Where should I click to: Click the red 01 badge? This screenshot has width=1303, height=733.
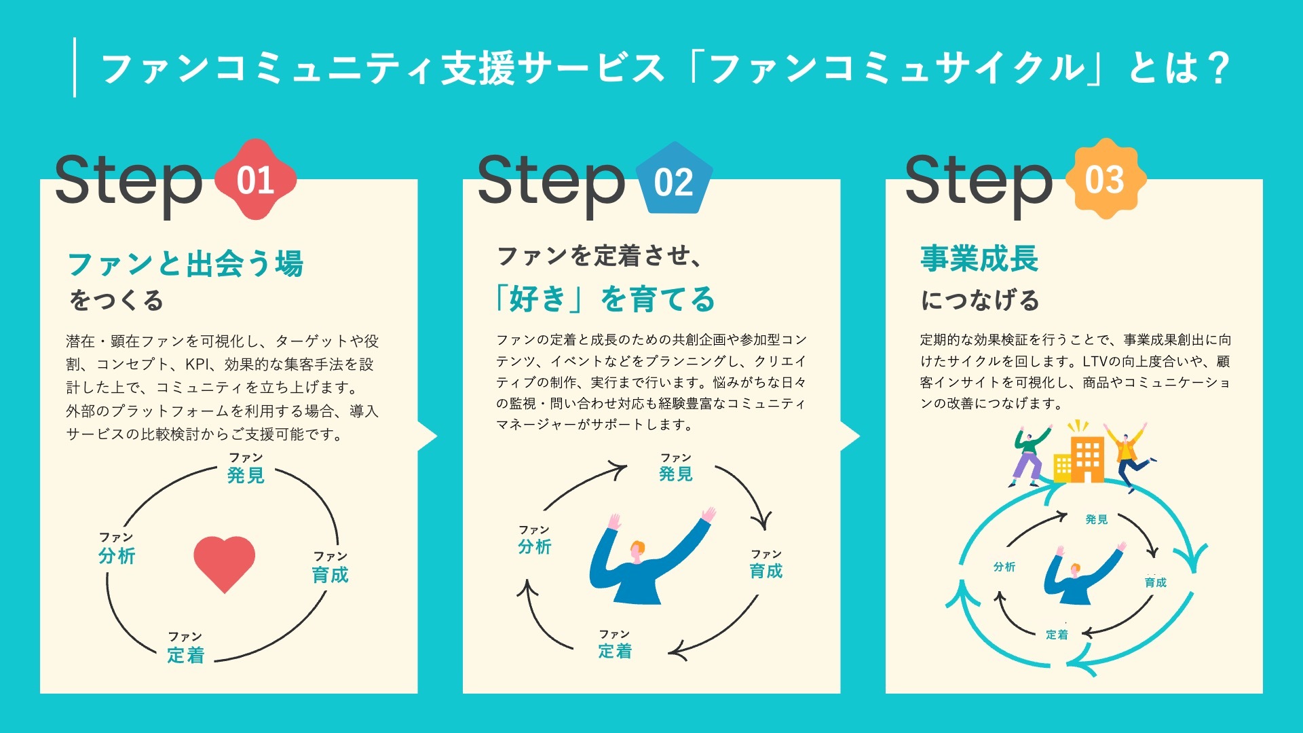pyautogui.click(x=255, y=180)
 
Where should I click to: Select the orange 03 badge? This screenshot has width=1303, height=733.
pyautogui.click(x=1106, y=179)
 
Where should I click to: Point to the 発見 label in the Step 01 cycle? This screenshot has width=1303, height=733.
pyautogui.click(x=246, y=474)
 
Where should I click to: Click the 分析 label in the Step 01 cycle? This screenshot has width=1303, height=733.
pyautogui.click(x=117, y=555)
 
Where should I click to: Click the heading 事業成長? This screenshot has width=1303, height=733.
pyautogui.click(x=979, y=259)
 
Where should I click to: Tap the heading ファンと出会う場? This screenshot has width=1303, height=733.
pyautogui.click(x=185, y=263)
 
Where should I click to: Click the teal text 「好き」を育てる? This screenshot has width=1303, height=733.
pyautogui.click(x=604, y=299)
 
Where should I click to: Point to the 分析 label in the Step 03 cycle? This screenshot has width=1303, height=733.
pyautogui.click(x=1004, y=567)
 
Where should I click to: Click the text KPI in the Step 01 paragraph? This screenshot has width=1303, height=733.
pyautogui.click(x=197, y=364)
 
